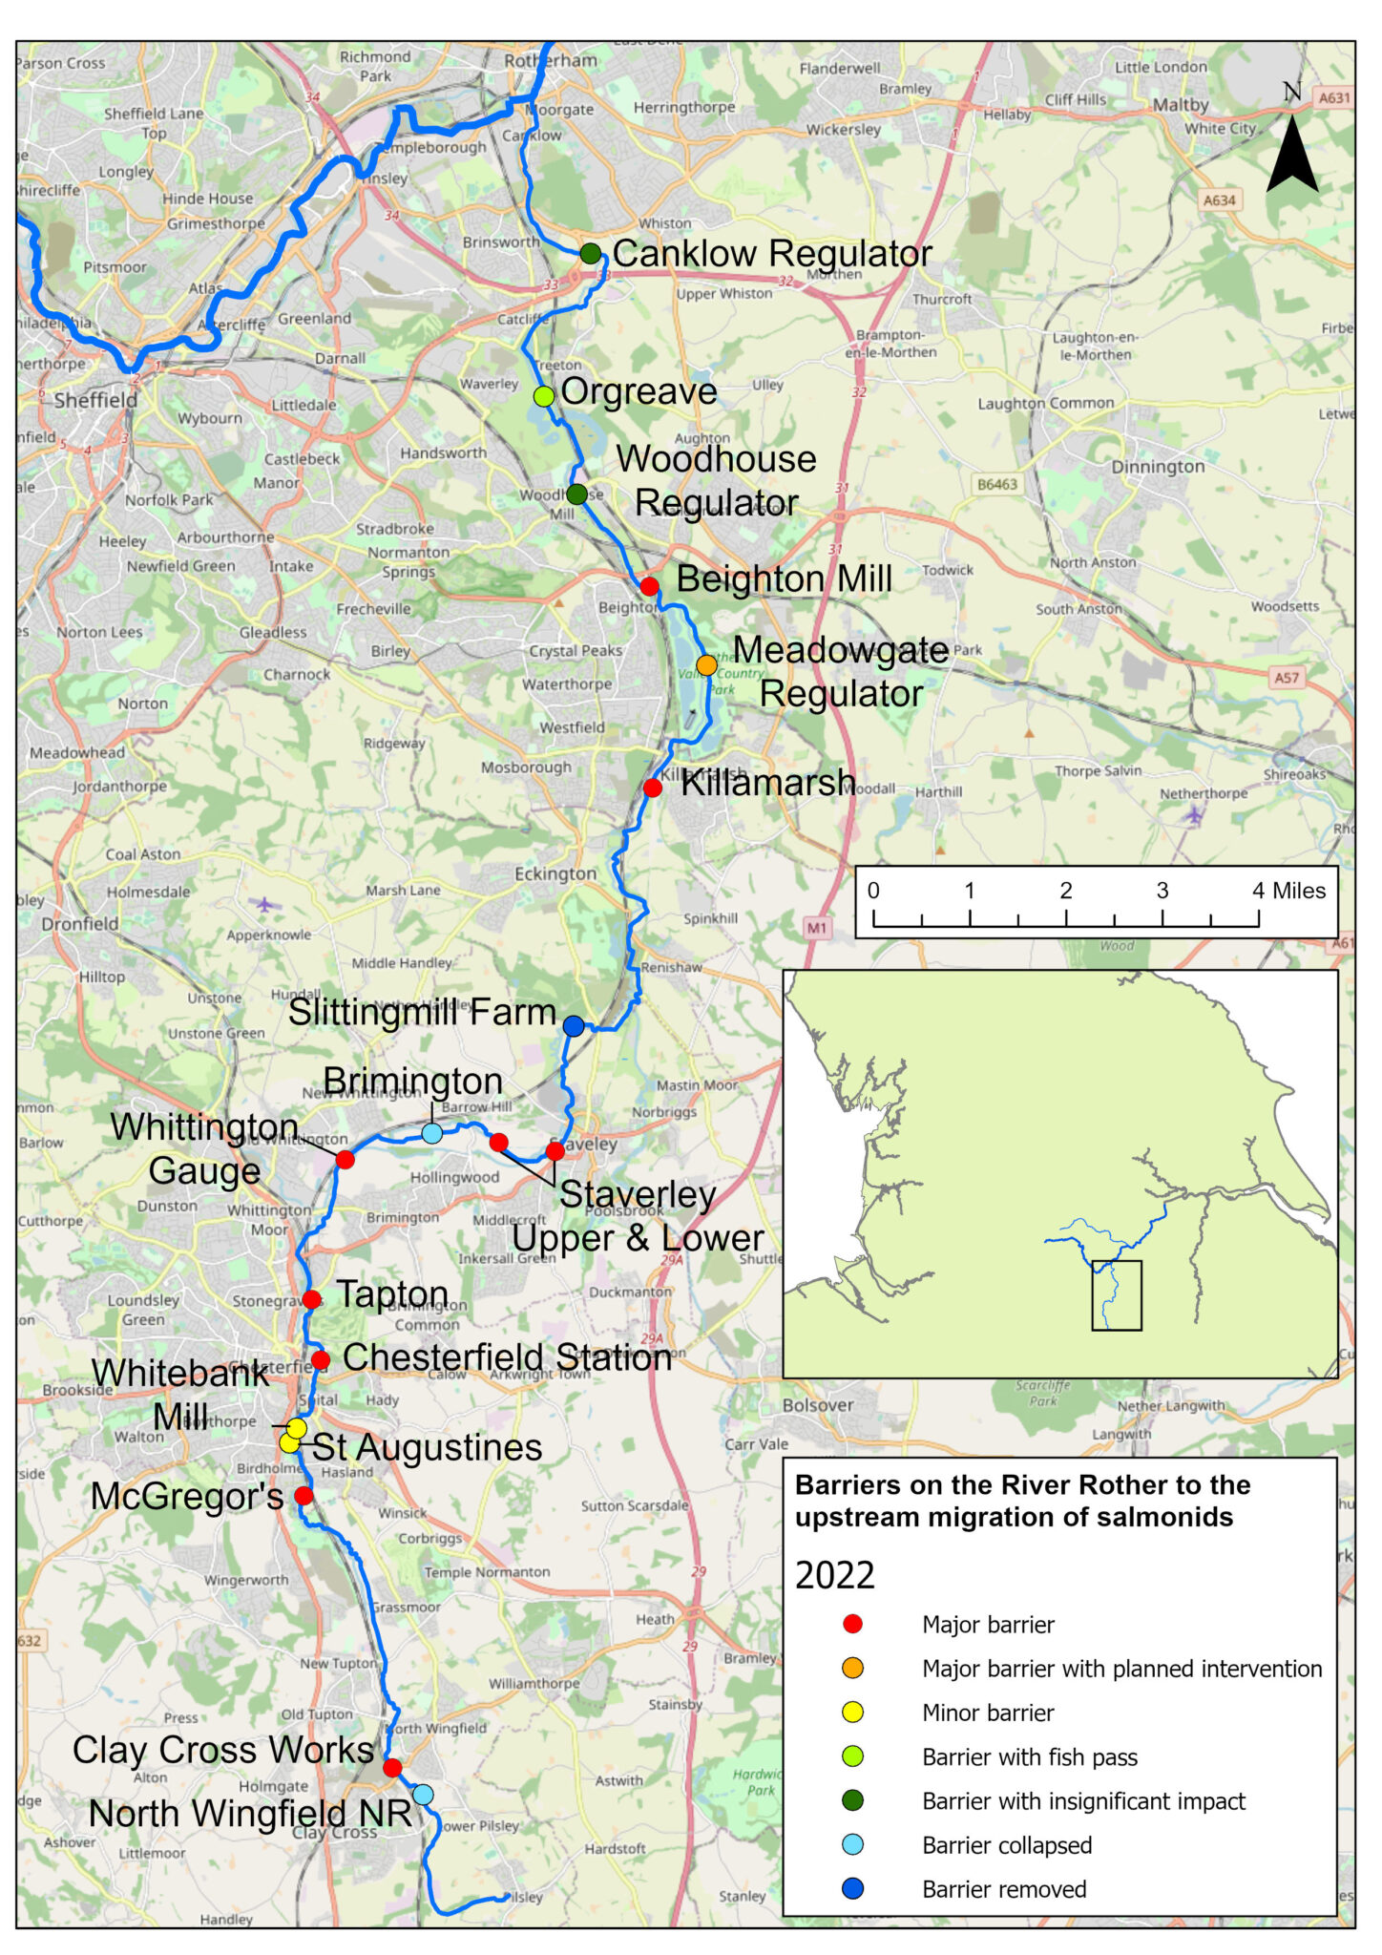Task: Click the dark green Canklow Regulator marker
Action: (591, 254)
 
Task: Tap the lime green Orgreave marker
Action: (543, 396)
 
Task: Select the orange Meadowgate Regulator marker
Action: (706, 664)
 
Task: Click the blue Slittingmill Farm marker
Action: (574, 1026)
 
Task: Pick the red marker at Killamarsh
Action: (653, 788)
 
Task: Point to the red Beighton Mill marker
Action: (649, 586)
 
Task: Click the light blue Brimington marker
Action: (431, 1133)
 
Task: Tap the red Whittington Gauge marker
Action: (345, 1159)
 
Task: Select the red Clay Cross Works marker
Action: (392, 1768)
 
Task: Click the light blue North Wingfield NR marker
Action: (423, 1795)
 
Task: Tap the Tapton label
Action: (392, 1294)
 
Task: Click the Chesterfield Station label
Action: (507, 1357)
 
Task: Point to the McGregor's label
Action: (187, 1496)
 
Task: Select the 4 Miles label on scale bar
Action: (1288, 891)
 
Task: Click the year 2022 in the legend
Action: (835, 1575)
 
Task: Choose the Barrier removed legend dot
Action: (853, 1888)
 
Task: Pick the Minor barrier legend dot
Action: (853, 1713)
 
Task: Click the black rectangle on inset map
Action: (1117, 1295)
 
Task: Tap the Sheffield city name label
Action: (95, 400)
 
